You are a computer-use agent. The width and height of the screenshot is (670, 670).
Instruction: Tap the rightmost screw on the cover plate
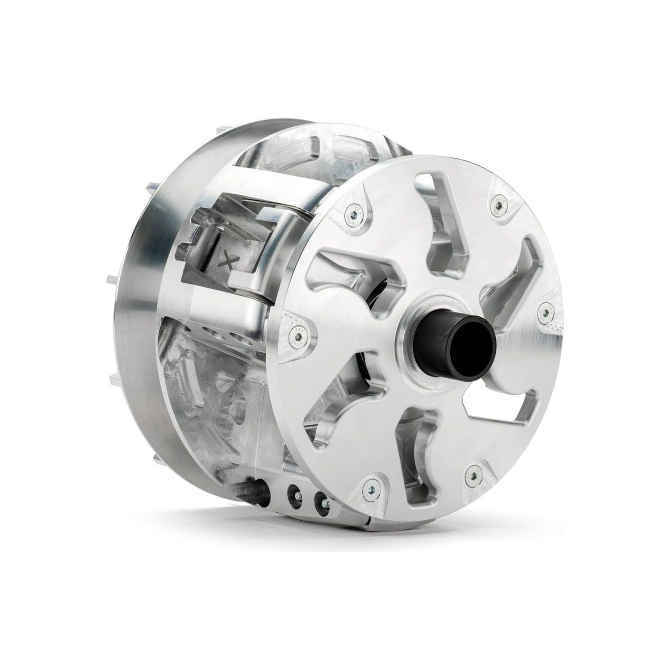coord(545,311)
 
